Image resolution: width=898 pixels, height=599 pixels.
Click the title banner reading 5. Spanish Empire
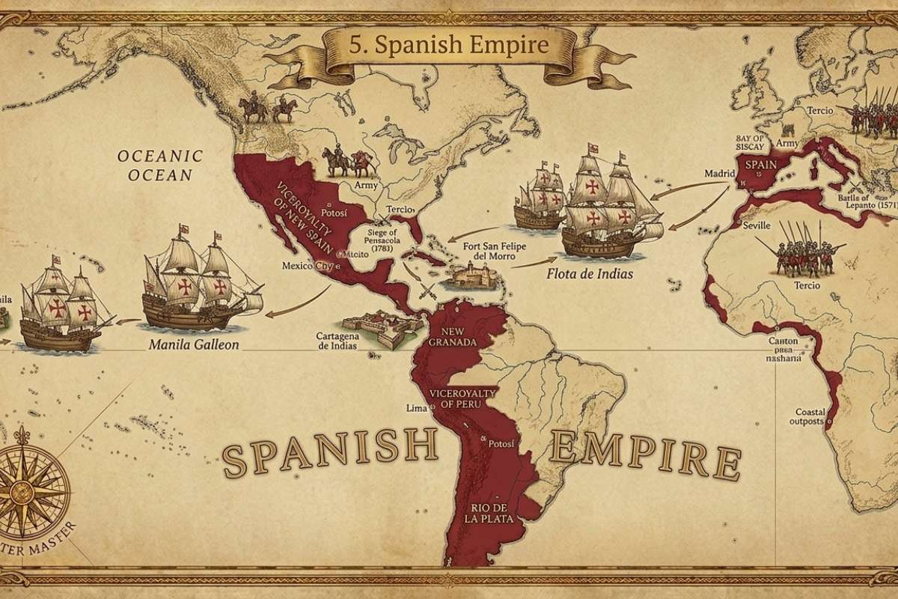[449, 45]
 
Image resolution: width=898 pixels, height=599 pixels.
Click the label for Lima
[415, 408]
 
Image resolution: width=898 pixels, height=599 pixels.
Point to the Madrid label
[720, 174]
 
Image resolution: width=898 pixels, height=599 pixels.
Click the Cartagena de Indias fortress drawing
[378, 329]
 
